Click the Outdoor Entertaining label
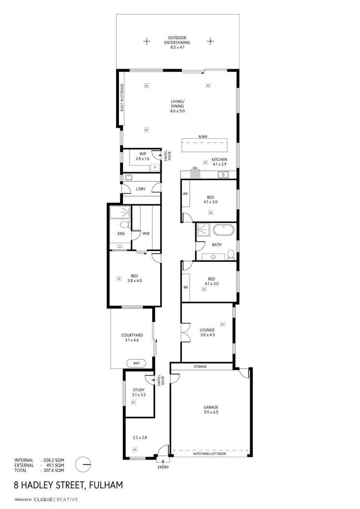(x=177, y=40)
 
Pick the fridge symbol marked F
(x=155, y=167)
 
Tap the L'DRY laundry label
(x=140, y=189)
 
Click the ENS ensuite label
(x=121, y=234)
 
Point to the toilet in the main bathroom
(x=231, y=253)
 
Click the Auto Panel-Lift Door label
(x=209, y=453)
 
